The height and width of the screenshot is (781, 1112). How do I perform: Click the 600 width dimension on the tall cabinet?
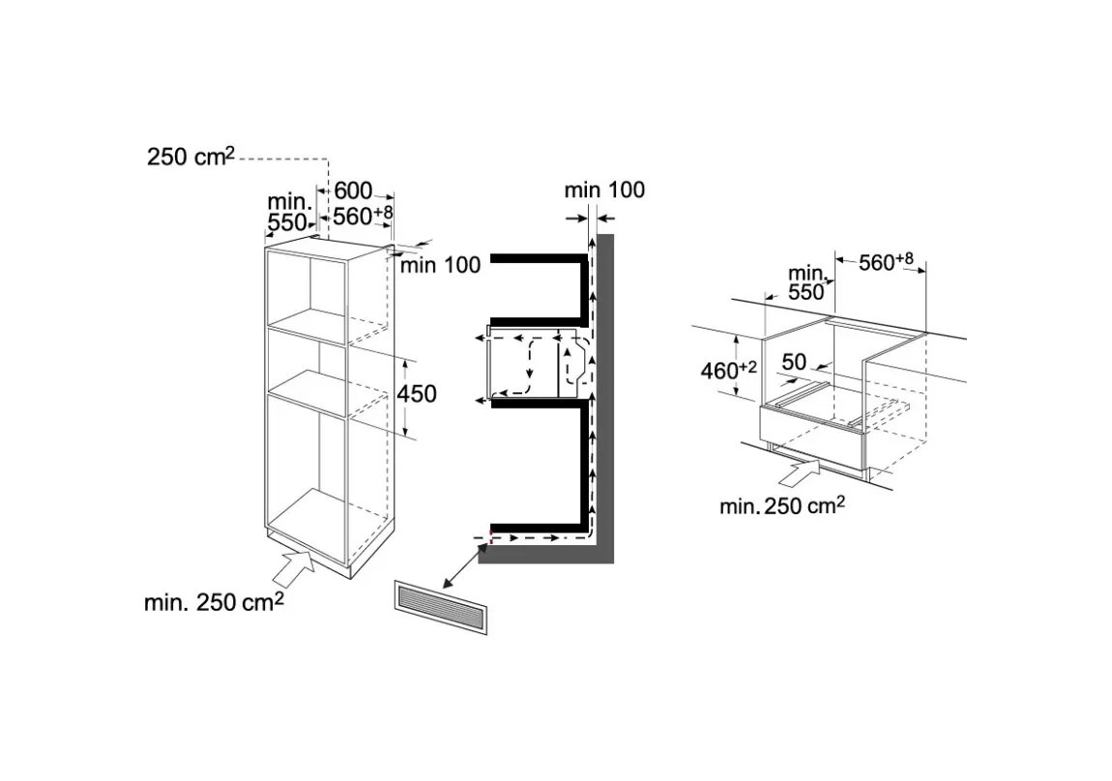[353, 190]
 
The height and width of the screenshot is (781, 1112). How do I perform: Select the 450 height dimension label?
[417, 393]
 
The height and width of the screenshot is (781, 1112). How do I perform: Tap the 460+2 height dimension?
[728, 370]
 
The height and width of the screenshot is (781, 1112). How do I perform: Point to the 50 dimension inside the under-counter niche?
[794, 362]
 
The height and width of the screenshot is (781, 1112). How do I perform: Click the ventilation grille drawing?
[440, 607]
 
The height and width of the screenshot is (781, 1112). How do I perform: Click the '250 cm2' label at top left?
[190, 156]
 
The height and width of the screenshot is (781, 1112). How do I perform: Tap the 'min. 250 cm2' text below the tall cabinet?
[214, 601]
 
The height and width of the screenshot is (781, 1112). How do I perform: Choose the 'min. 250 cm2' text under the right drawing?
[782, 506]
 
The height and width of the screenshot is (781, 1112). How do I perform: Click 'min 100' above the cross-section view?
[605, 190]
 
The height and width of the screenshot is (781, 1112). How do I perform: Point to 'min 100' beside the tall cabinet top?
[440, 265]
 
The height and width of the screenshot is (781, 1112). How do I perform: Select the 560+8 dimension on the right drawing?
[886, 262]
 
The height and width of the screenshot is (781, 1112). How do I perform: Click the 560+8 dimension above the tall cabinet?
[363, 216]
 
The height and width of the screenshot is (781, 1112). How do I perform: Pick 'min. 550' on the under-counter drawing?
[807, 283]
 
